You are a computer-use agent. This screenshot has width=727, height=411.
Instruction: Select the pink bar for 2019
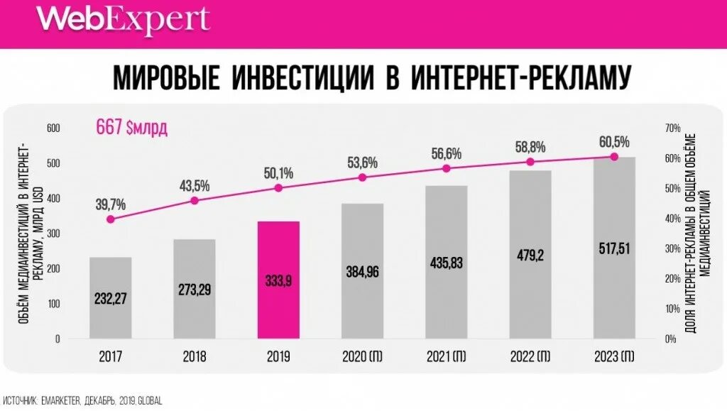278,280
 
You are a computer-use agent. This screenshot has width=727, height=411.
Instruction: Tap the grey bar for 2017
110,298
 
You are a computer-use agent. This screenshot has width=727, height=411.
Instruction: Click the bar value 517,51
614,248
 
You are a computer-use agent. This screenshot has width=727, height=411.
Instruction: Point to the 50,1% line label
278,173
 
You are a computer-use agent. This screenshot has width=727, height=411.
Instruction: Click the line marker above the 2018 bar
195,201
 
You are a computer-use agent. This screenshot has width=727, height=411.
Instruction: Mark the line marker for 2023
614,157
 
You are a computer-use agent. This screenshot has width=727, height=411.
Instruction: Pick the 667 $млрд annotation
132,128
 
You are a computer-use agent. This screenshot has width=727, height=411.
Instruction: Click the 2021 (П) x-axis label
446,356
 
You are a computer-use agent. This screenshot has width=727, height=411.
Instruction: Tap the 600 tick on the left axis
55,128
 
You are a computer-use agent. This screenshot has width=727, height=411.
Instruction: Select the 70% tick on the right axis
672,128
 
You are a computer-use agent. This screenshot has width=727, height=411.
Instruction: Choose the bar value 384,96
362,270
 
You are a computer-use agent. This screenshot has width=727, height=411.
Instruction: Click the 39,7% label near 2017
110,204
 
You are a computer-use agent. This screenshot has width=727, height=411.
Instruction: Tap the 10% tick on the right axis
672,309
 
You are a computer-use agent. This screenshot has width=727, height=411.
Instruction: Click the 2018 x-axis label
194,356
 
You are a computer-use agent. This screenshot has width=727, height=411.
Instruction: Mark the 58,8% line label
530,148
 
